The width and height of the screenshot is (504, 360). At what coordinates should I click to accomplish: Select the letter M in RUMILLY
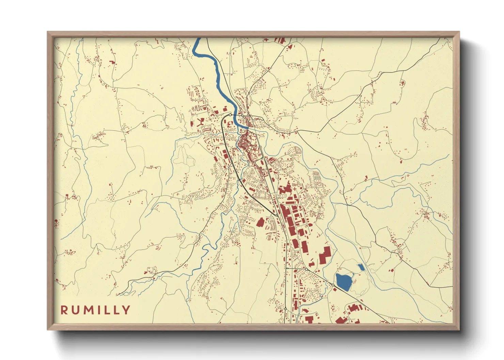pos(88,310)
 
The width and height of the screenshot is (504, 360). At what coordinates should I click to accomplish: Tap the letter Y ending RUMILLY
pos(126,310)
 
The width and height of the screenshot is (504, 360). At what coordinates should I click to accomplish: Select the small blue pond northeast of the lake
pos(360,267)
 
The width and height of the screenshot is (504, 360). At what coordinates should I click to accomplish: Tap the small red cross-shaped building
pos(294,189)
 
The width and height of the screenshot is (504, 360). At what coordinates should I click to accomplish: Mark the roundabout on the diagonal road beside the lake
pos(333,284)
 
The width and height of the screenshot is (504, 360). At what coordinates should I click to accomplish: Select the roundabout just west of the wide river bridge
pos(231,115)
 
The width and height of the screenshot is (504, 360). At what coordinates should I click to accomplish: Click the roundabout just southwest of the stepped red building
pos(306,269)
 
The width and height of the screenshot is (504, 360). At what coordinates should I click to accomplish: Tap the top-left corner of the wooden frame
pos(48,32)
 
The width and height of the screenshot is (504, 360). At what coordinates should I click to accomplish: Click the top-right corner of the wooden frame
pos(459,32)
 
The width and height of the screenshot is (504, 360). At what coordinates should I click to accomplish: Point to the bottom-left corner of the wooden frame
pos(48,329)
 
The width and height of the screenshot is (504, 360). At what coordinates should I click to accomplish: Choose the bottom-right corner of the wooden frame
pos(459,329)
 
